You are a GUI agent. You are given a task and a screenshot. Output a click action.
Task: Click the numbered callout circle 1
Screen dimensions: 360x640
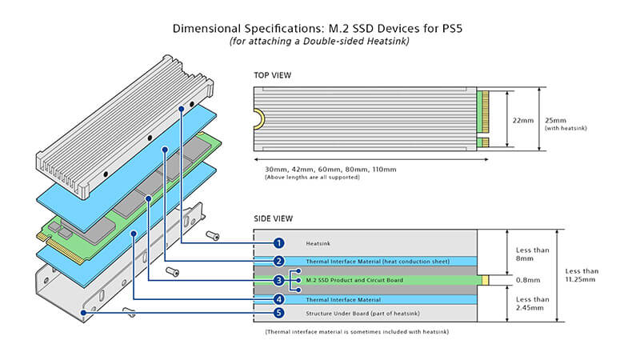(278, 242)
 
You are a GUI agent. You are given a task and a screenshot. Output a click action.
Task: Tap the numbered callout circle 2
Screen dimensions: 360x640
(278, 261)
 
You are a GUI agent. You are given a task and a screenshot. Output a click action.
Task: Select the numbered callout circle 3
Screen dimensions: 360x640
(278, 280)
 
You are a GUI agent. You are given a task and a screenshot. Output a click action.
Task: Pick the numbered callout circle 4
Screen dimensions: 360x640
(278, 299)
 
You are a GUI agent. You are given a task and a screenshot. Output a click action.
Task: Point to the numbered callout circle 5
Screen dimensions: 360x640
(278, 313)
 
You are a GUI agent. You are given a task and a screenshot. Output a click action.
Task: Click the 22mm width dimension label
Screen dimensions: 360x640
(522, 119)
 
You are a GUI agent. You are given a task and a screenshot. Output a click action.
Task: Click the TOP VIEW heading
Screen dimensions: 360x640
(273, 76)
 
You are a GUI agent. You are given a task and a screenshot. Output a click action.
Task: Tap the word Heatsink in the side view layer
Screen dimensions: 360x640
(318, 242)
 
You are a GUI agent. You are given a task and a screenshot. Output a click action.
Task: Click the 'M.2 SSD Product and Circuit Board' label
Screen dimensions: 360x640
(353, 280)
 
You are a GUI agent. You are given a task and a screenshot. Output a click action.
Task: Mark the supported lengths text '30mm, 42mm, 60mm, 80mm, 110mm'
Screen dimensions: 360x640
(325, 170)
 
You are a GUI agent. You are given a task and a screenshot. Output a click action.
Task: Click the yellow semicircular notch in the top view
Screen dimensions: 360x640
(260, 119)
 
